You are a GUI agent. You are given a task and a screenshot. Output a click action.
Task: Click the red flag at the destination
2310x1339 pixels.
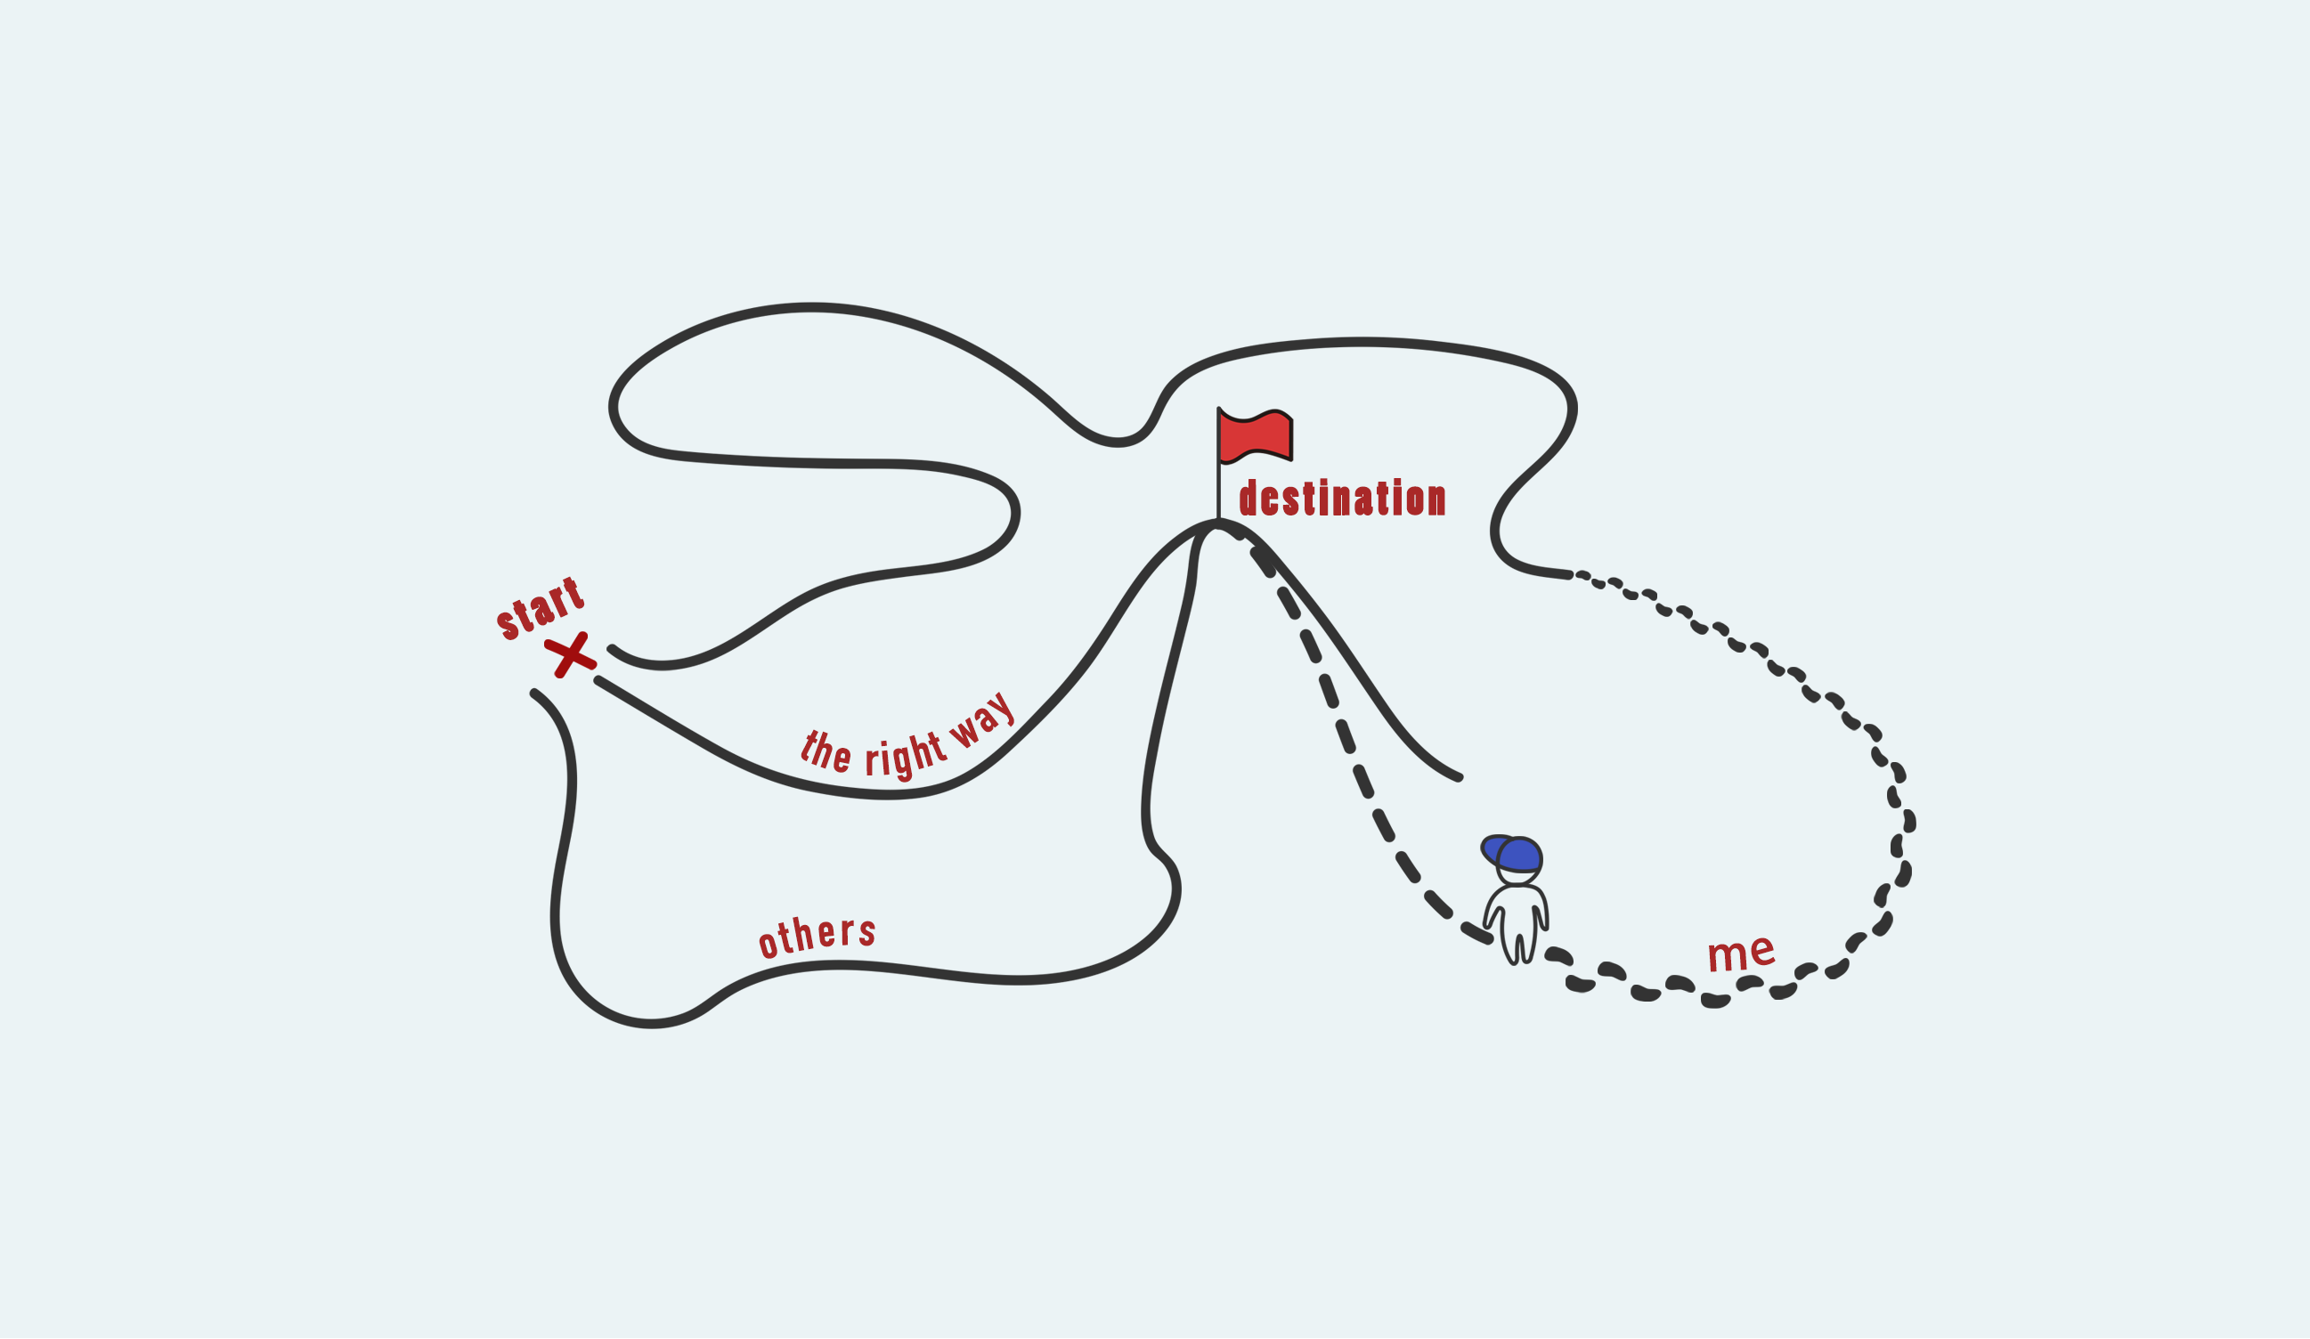click(x=1255, y=436)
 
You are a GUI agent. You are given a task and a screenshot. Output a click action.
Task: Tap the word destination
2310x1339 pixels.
click(x=1343, y=498)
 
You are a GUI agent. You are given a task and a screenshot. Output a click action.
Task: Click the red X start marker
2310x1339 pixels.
click(x=570, y=654)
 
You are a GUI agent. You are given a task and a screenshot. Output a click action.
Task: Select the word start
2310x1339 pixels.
click(x=540, y=609)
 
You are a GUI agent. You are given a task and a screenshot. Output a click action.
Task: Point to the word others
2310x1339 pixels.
click(x=817, y=937)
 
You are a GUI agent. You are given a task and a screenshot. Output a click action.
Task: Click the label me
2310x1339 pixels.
click(x=1741, y=954)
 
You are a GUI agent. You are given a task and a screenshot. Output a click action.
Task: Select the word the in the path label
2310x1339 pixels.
click(x=826, y=752)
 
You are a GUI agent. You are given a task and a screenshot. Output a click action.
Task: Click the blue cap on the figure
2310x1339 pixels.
click(x=1512, y=853)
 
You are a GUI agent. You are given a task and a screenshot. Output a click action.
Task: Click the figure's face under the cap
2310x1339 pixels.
click(x=1518, y=876)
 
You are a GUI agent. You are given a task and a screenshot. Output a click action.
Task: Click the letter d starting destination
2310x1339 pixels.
click(x=1248, y=498)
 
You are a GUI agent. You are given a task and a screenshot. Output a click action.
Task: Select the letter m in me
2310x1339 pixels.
click(x=1725, y=957)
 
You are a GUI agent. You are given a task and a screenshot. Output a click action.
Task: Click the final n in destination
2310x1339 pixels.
click(x=1437, y=500)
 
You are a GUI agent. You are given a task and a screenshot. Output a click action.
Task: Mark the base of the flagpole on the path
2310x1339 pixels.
click(x=1218, y=521)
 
